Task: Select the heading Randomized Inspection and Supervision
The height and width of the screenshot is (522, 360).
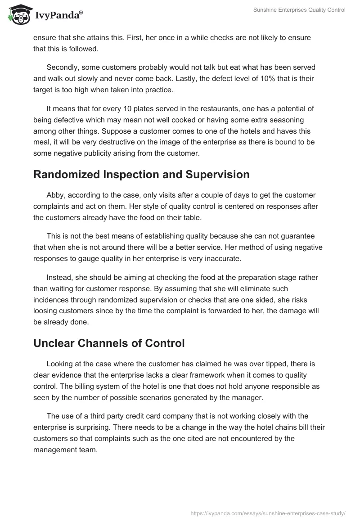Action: pyautogui.click(x=141, y=175)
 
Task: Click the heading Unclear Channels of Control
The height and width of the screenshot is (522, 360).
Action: pyautogui.click(x=109, y=343)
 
